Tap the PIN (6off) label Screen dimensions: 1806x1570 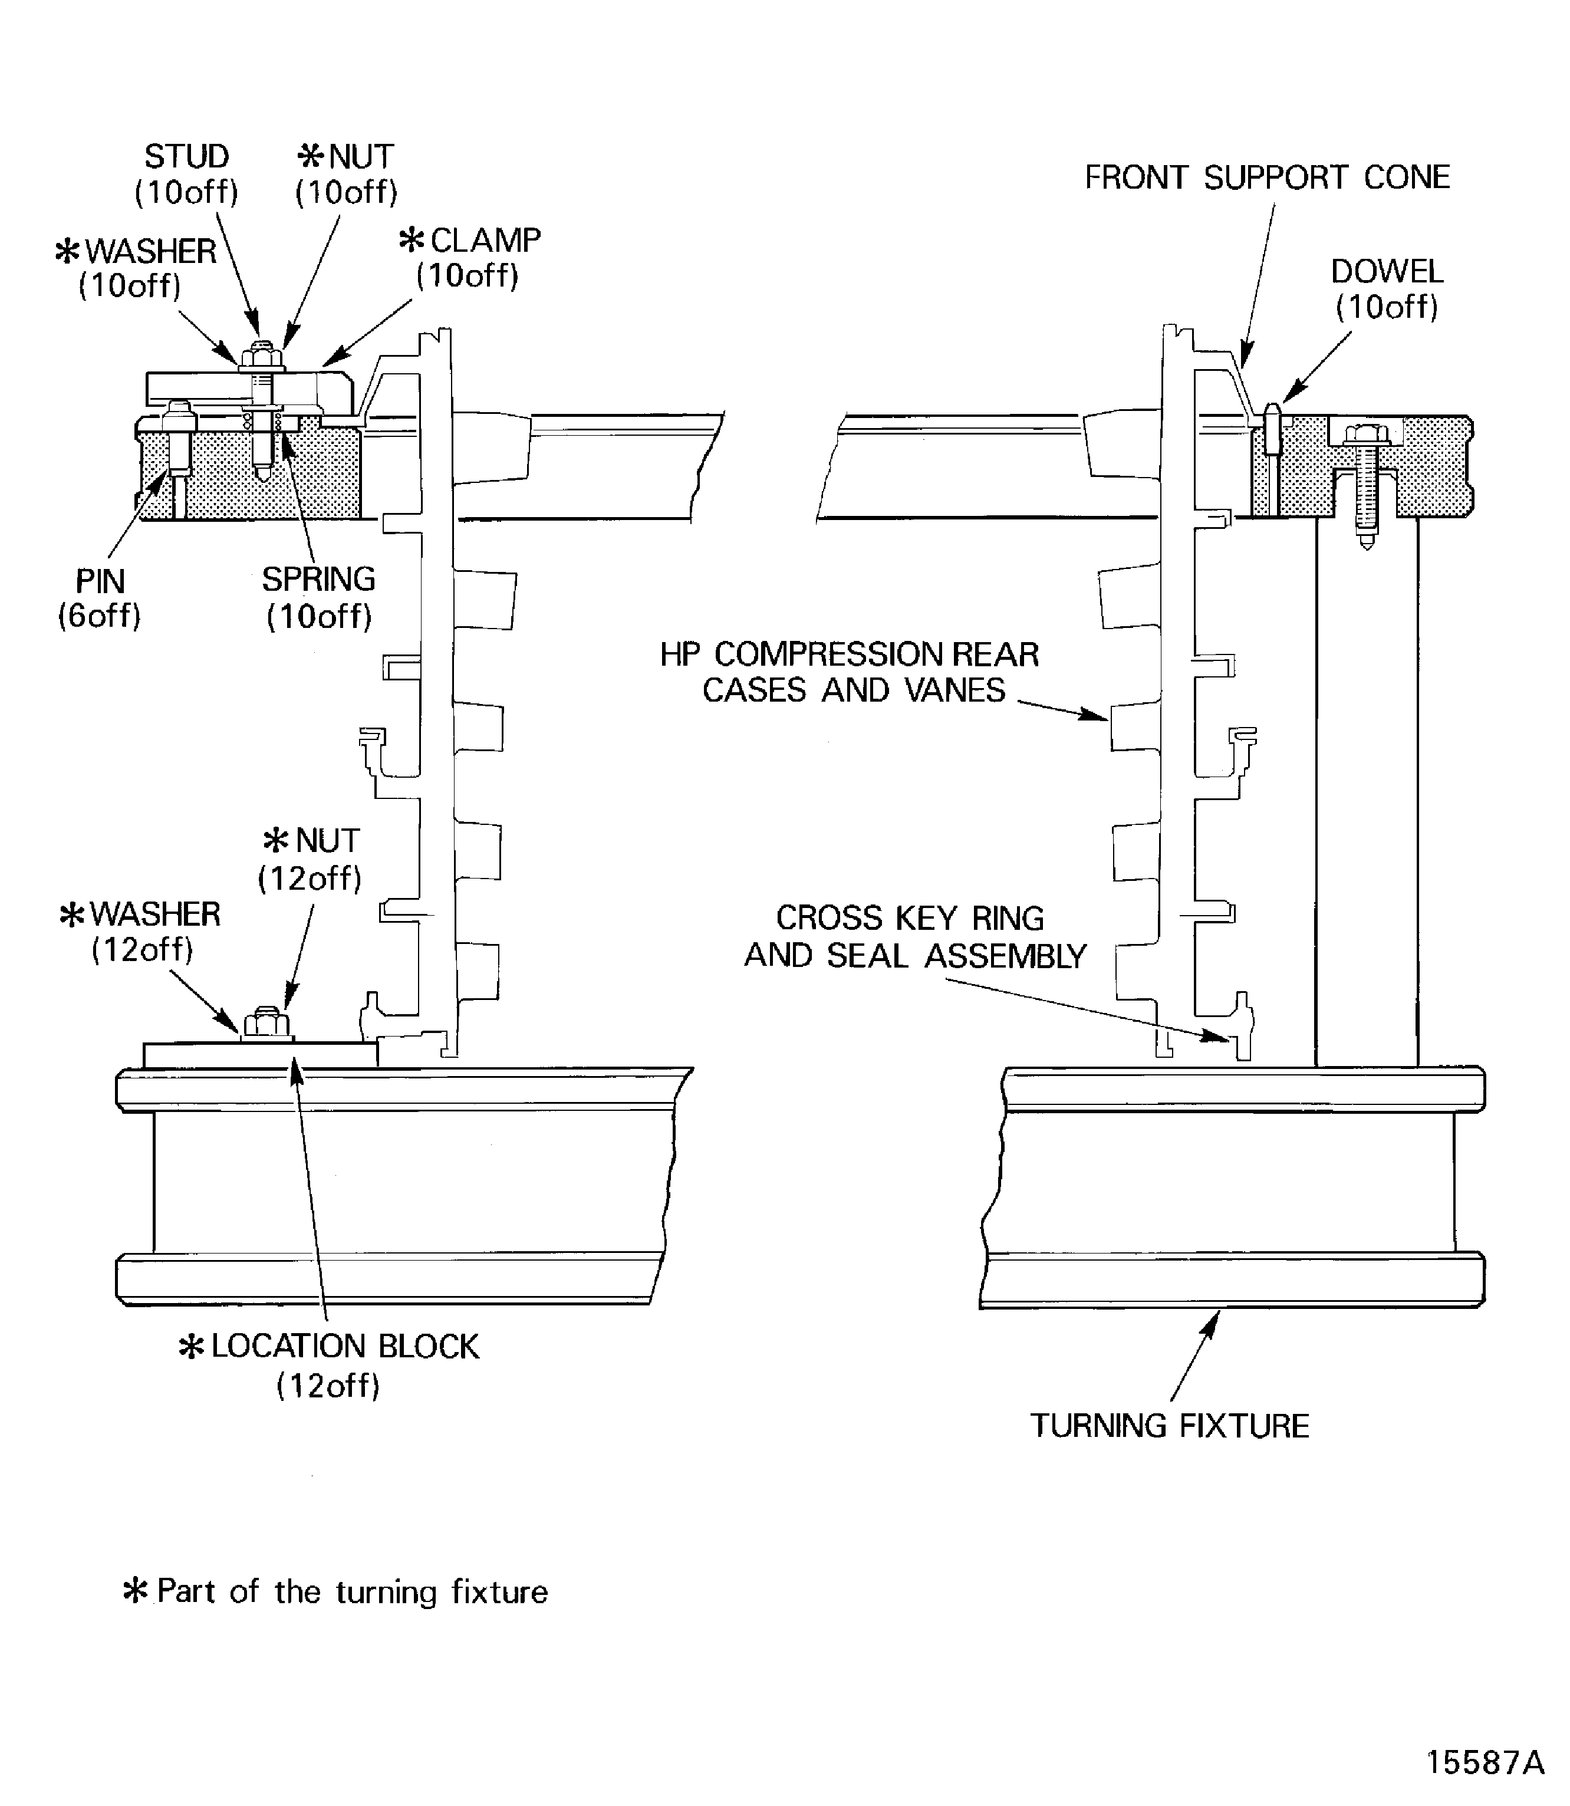pyautogui.click(x=100, y=598)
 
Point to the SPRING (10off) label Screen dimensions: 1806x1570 pyautogui.click(x=319, y=598)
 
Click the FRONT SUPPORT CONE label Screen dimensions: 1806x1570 pyautogui.click(x=1267, y=178)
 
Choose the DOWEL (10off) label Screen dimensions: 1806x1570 pyautogui.click(x=1386, y=289)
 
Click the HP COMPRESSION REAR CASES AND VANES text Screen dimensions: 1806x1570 pyautogui.click(x=849, y=672)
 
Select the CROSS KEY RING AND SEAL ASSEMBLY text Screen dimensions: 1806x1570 pyautogui.click(x=914, y=937)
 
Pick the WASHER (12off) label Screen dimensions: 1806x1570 pyautogui.click(x=140, y=932)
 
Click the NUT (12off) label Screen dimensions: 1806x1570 pyautogui.click(x=310, y=858)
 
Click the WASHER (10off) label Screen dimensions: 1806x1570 pyautogui.click(x=135, y=268)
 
